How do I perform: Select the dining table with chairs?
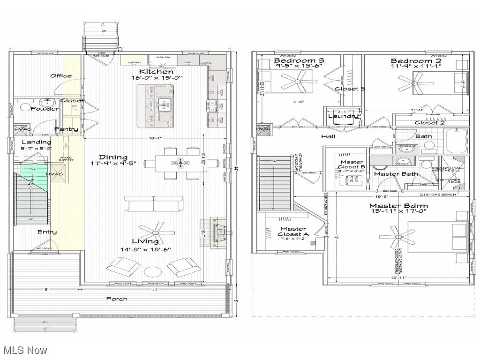[181, 164]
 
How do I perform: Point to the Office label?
[61, 75]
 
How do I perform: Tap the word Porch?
[116, 299]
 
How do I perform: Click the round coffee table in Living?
[153, 271]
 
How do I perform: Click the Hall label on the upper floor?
[328, 137]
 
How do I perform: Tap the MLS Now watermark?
[24, 350]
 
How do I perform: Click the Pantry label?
[66, 129]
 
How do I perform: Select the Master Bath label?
[396, 174]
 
